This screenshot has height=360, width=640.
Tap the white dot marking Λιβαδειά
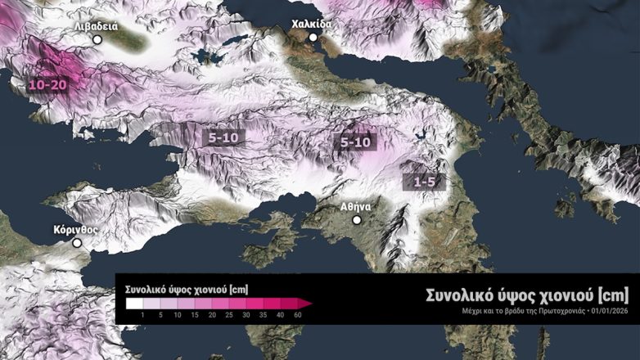pos(97,38)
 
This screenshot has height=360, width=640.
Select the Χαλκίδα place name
pos(312,24)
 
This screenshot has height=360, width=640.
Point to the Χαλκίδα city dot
pos(313,37)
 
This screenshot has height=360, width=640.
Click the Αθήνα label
pos(357,207)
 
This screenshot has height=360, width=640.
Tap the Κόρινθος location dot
pos(77,242)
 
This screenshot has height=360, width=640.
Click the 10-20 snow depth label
pos(46,84)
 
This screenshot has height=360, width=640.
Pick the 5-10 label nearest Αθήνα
pos(356,142)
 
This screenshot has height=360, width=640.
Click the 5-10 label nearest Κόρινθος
pos(223,138)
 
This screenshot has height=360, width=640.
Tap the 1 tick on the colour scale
pos(142,315)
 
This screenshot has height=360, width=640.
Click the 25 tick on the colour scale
pos(229,315)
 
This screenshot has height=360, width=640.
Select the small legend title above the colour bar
pos(187,290)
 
